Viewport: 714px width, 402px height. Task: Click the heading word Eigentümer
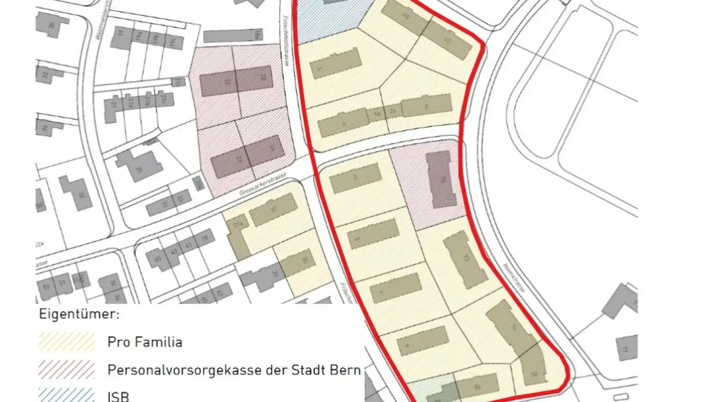[x=79, y=315]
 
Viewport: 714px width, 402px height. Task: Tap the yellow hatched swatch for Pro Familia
[x=67, y=342]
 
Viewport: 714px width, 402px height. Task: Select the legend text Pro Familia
[x=145, y=342]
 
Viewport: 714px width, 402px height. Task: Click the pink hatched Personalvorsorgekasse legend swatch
[x=67, y=370]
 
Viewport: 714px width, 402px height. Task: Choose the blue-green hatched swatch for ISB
[x=67, y=395]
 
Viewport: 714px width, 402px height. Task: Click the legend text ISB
[x=119, y=397]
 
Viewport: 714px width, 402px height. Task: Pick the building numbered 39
[x=204, y=239]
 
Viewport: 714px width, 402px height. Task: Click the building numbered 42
[x=448, y=40]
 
